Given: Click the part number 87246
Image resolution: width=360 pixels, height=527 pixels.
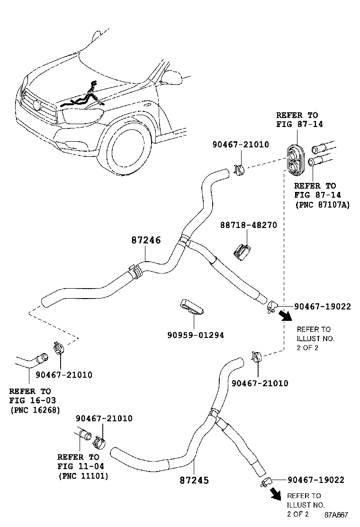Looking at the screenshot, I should point(146,240).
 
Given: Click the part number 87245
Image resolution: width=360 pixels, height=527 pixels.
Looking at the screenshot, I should point(194,480).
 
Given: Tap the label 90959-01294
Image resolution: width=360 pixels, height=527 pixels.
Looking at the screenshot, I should point(195,335).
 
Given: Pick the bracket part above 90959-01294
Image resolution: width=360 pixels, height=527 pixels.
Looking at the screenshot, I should point(192,308).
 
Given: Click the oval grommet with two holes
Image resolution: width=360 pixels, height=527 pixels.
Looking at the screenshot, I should point(296,157).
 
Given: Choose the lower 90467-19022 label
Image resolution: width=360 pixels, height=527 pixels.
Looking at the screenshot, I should point(315,480).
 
